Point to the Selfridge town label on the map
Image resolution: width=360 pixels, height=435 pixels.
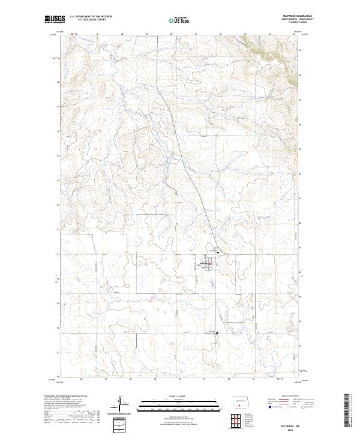(206, 263)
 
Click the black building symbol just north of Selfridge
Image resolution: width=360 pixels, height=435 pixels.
(217, 253)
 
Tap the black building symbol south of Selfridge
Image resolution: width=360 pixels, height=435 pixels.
(217, 332)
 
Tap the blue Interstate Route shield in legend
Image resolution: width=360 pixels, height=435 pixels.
(269, 406)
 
